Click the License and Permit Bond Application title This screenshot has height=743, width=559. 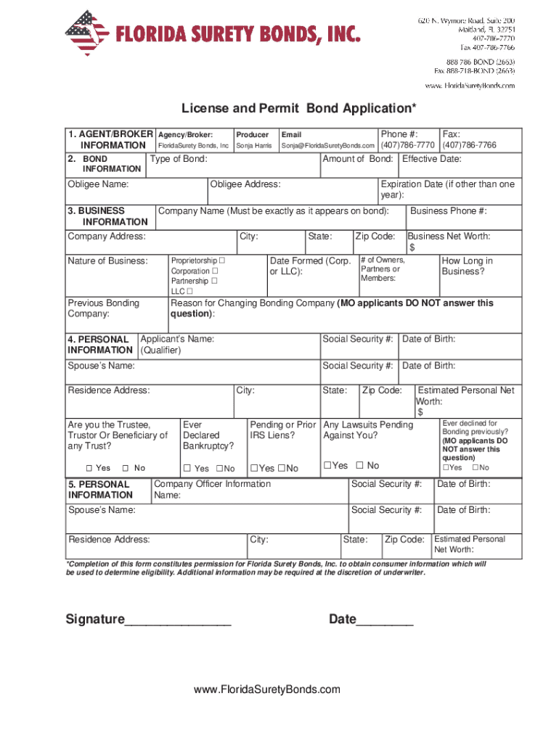click(299, 108)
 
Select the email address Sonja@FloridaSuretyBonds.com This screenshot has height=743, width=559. click(327, 146)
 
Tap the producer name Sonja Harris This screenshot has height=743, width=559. click(253, 146)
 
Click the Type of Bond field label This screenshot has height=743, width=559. click(179, 159)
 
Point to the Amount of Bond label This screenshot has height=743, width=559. click(357, 159)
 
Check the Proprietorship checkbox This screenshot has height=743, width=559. click(222, 260)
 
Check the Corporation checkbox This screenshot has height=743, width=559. click(215, 271)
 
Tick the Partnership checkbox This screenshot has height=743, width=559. click(213, 281)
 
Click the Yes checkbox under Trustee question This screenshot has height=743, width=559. click(89, 468)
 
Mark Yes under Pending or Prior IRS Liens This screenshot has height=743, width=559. click(253, 469)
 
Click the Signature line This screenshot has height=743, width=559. click(178, 620)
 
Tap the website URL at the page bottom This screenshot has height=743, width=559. click(266, 689)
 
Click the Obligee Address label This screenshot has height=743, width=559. click(245, 184)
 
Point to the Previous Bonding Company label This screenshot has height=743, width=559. click(103, 308)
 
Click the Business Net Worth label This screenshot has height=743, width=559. click(449, 237)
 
